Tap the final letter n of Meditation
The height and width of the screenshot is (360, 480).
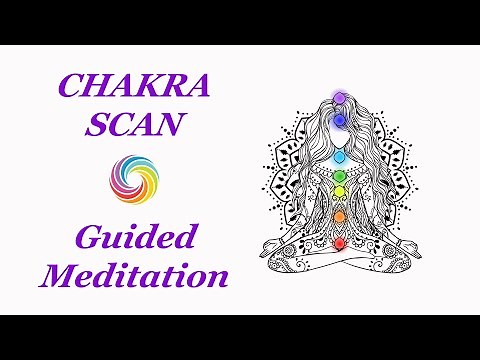pos(217,276)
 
